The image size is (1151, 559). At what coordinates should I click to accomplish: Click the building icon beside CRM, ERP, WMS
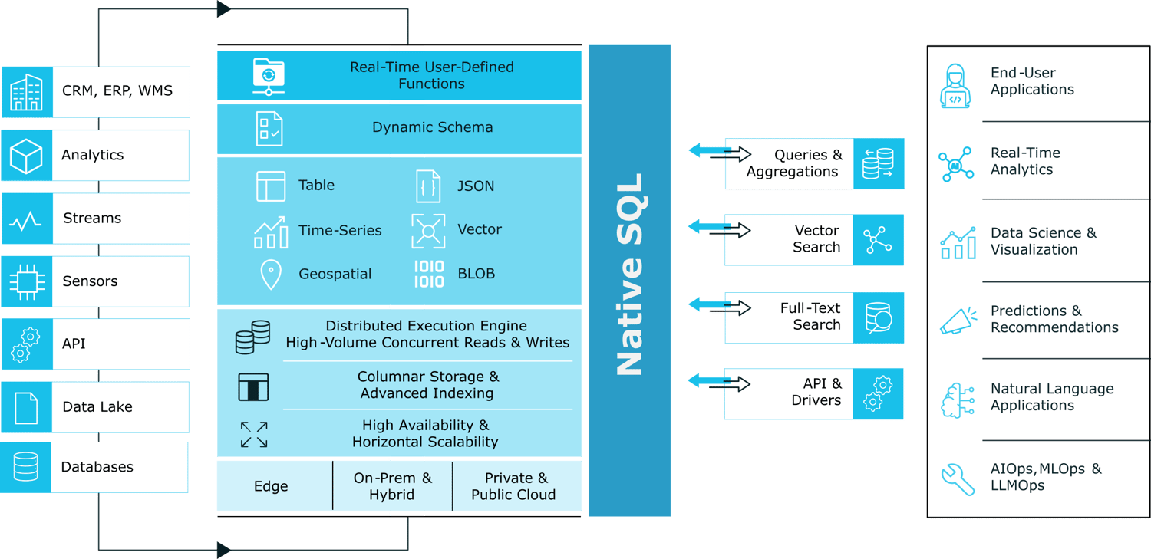point(26,92)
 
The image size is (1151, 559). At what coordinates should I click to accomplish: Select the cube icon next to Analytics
point(26,156)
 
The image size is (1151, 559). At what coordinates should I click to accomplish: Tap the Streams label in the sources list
point(92,219)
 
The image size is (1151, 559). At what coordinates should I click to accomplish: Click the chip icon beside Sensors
point(26,281)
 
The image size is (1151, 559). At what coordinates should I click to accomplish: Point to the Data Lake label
point(97,407)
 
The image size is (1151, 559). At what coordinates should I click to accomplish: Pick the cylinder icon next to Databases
point(26,467)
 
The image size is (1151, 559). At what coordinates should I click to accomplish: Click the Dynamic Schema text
point(432,128)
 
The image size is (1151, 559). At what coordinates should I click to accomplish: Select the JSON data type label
point(476,186)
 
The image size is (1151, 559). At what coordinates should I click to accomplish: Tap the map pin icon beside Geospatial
point(271,275)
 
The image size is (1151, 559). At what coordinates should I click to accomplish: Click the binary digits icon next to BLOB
point(429,274)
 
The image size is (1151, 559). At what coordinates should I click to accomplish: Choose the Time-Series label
point(340,230)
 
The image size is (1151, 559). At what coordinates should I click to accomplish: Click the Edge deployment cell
point(271,487)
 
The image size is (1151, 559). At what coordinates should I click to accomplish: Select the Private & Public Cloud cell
point(513,487)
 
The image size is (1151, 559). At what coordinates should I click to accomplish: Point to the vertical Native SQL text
point(630,276)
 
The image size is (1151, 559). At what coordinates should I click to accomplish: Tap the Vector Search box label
point(816,239)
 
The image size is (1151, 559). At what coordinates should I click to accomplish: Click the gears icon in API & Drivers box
point(879,393)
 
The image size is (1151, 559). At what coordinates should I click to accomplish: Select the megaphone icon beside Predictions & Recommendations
point(958,321)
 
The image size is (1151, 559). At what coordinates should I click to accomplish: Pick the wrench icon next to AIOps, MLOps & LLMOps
point(958,478)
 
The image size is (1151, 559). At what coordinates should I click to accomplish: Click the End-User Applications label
point(1032,81)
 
